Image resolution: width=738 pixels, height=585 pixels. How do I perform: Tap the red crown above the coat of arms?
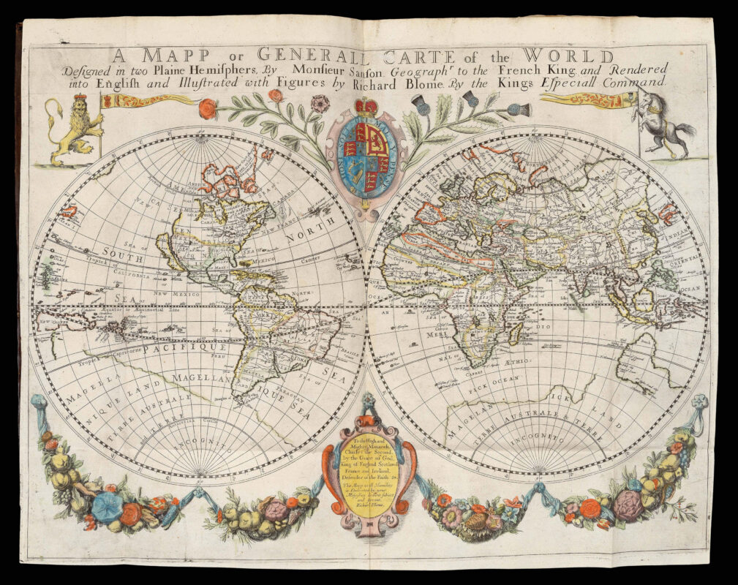(366, 107)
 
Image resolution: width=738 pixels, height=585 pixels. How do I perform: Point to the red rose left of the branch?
(208, 108)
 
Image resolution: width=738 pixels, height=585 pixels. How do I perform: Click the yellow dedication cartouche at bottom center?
(369, 475)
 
